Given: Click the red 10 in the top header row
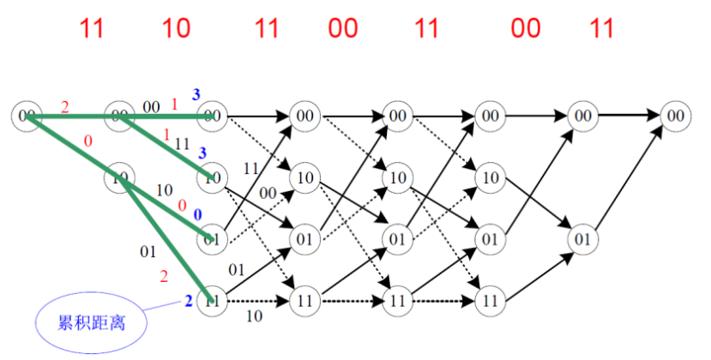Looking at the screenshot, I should point(176,28).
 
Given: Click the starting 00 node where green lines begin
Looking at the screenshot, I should point(27,114).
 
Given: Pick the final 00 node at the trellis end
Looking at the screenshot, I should point(676,114).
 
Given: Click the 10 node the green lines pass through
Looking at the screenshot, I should point(119,178).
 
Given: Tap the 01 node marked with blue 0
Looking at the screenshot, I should point(211,237).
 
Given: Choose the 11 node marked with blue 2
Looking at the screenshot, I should point(211,301).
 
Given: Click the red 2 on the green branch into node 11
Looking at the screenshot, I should point(163,275).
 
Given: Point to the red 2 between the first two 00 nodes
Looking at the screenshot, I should point(65,106).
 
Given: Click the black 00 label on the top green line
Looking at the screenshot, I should point(151,107).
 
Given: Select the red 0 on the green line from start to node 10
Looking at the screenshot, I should point(87,141).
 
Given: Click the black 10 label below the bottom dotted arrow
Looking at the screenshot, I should point(254,317).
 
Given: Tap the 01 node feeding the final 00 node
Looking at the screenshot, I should point(582,237).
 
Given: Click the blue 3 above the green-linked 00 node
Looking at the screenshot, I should point(196,93).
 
